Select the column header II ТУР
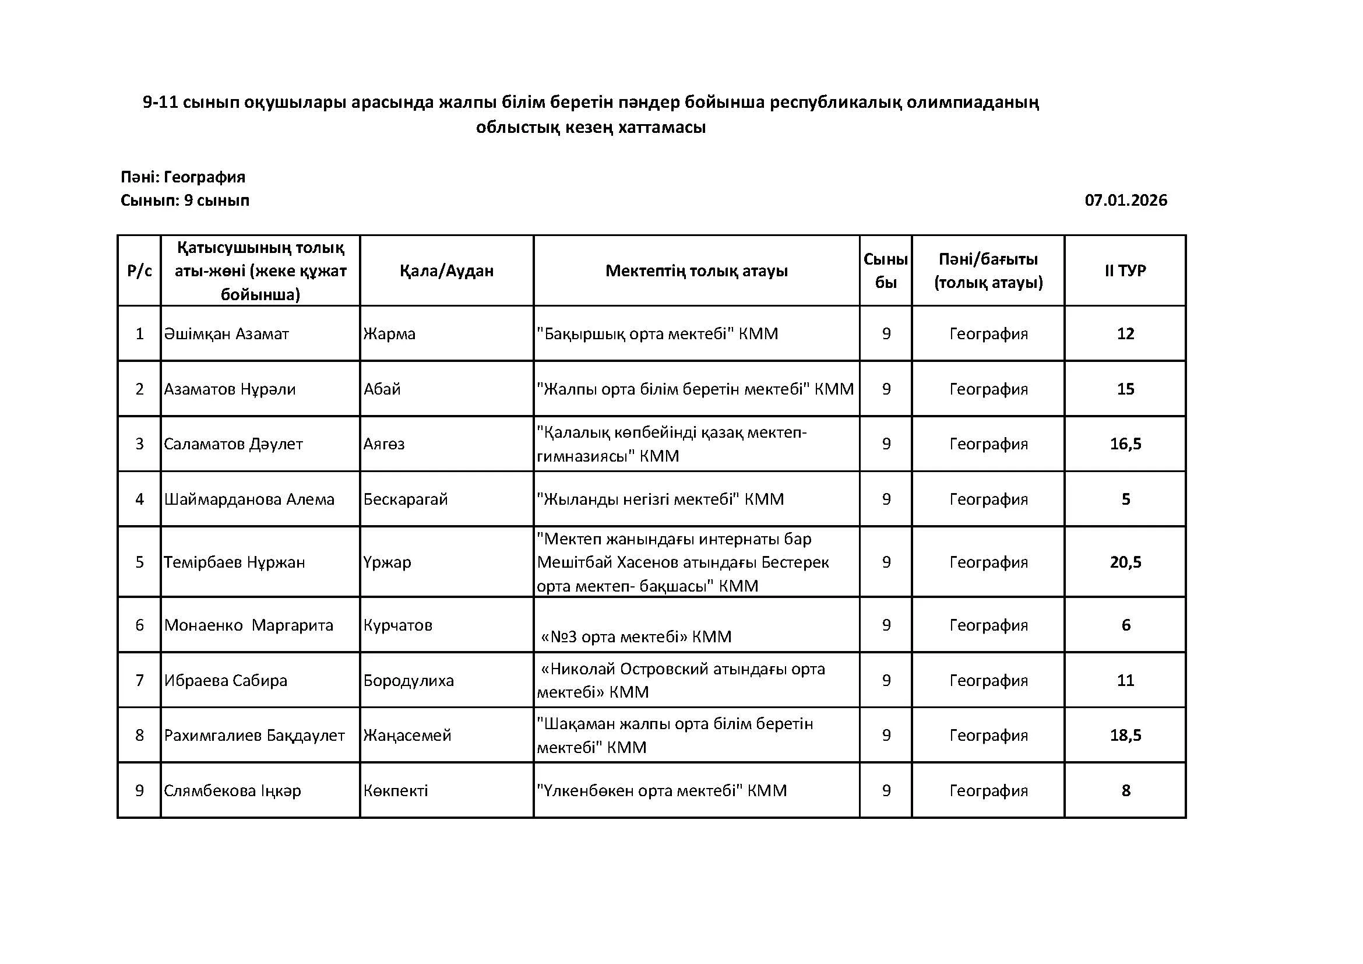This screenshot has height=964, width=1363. [1125, 270]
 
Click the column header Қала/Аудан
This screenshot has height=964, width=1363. [446, 270]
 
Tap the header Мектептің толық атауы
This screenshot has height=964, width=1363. [696, 270]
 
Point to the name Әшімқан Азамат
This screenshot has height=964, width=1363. [226, 333]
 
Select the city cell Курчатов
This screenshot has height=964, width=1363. [398, 625]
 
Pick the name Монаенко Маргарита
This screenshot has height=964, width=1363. [249, 625]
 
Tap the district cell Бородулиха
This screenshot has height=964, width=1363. [408, 680]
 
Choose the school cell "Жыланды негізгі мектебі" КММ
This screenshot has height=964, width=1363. [660, 499]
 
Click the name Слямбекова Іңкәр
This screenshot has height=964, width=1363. [233, 791]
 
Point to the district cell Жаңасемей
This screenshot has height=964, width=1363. [407, 736]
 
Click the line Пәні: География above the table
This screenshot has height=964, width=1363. [183, 177]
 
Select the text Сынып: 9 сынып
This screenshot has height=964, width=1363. [185, 200]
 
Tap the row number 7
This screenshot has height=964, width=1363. [139, 680]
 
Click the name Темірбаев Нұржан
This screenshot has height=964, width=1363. [234, 561]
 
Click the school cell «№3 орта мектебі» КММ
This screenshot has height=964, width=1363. [636, 637]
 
